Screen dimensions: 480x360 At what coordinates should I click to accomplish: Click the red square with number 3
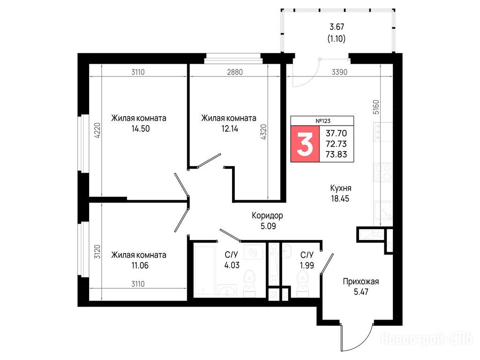[305, 143]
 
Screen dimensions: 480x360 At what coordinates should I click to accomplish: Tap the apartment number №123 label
[323, 121]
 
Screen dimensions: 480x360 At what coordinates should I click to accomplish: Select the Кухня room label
[340, 188]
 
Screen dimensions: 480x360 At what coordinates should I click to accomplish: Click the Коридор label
[267, 216]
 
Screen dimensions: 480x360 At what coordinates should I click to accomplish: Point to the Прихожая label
[360, 281]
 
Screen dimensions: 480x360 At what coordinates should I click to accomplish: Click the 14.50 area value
[141, 128]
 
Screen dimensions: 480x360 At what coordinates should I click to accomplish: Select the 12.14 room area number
[230, 128]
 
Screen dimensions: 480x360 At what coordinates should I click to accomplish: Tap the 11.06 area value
[140, 265]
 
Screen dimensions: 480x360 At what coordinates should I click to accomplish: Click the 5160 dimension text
[376, 107]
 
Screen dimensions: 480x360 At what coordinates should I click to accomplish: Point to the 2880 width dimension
[235, 72]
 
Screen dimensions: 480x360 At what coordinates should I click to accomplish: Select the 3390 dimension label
[339, 72]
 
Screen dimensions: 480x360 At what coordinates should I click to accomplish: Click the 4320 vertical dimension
[263, 132]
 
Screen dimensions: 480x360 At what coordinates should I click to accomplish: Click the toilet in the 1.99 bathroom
[302, 284]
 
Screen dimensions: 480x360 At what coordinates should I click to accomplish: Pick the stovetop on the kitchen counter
[382, 172]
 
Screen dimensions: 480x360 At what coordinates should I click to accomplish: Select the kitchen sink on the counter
[383, 211]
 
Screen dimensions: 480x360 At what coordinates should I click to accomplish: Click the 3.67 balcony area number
[337, 27]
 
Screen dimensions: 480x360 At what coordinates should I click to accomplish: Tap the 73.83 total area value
[336, 154]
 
